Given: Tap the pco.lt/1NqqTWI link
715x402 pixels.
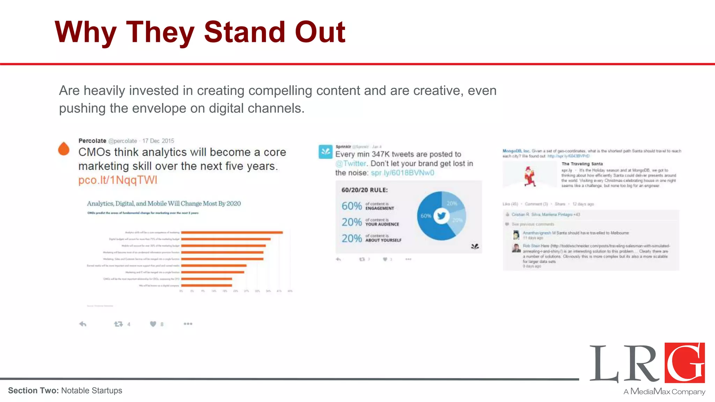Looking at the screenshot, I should (x=118, y=180).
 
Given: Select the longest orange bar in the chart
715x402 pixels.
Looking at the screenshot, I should (x=232, y=232).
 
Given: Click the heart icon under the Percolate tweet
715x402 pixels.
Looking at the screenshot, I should (x=153, y=324).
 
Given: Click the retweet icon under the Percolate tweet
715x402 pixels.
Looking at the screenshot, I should (x=118, y=324).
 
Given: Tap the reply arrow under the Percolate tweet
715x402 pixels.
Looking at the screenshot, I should (x=83, y=324).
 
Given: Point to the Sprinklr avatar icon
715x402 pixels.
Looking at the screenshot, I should (x=325, y=152).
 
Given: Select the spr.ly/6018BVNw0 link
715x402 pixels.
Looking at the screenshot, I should (x=402, y=173).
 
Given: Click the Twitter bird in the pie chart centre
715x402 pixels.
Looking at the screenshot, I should (x=441, y=216).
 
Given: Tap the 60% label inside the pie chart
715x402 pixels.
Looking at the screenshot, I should (x=426, y=216).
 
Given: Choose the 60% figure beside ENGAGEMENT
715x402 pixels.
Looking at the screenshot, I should (x=352, y=206).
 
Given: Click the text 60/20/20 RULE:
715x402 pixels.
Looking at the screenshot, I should (x=364, y=190).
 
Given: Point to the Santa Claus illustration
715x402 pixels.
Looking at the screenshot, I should (x=530, y=176).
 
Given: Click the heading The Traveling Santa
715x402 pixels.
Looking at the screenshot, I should (x=582, y=164).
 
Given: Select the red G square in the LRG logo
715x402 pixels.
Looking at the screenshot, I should (x=685, y=363).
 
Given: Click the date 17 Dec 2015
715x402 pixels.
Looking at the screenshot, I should (x=158, y=141).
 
